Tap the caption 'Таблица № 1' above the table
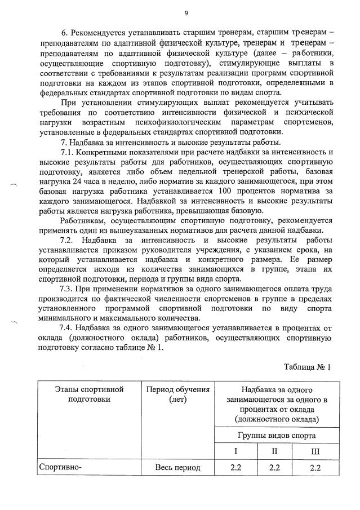click(307, 366)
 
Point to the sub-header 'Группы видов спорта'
click(277, 435)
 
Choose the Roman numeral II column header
click(275, 451)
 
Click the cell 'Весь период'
click(177, 468)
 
